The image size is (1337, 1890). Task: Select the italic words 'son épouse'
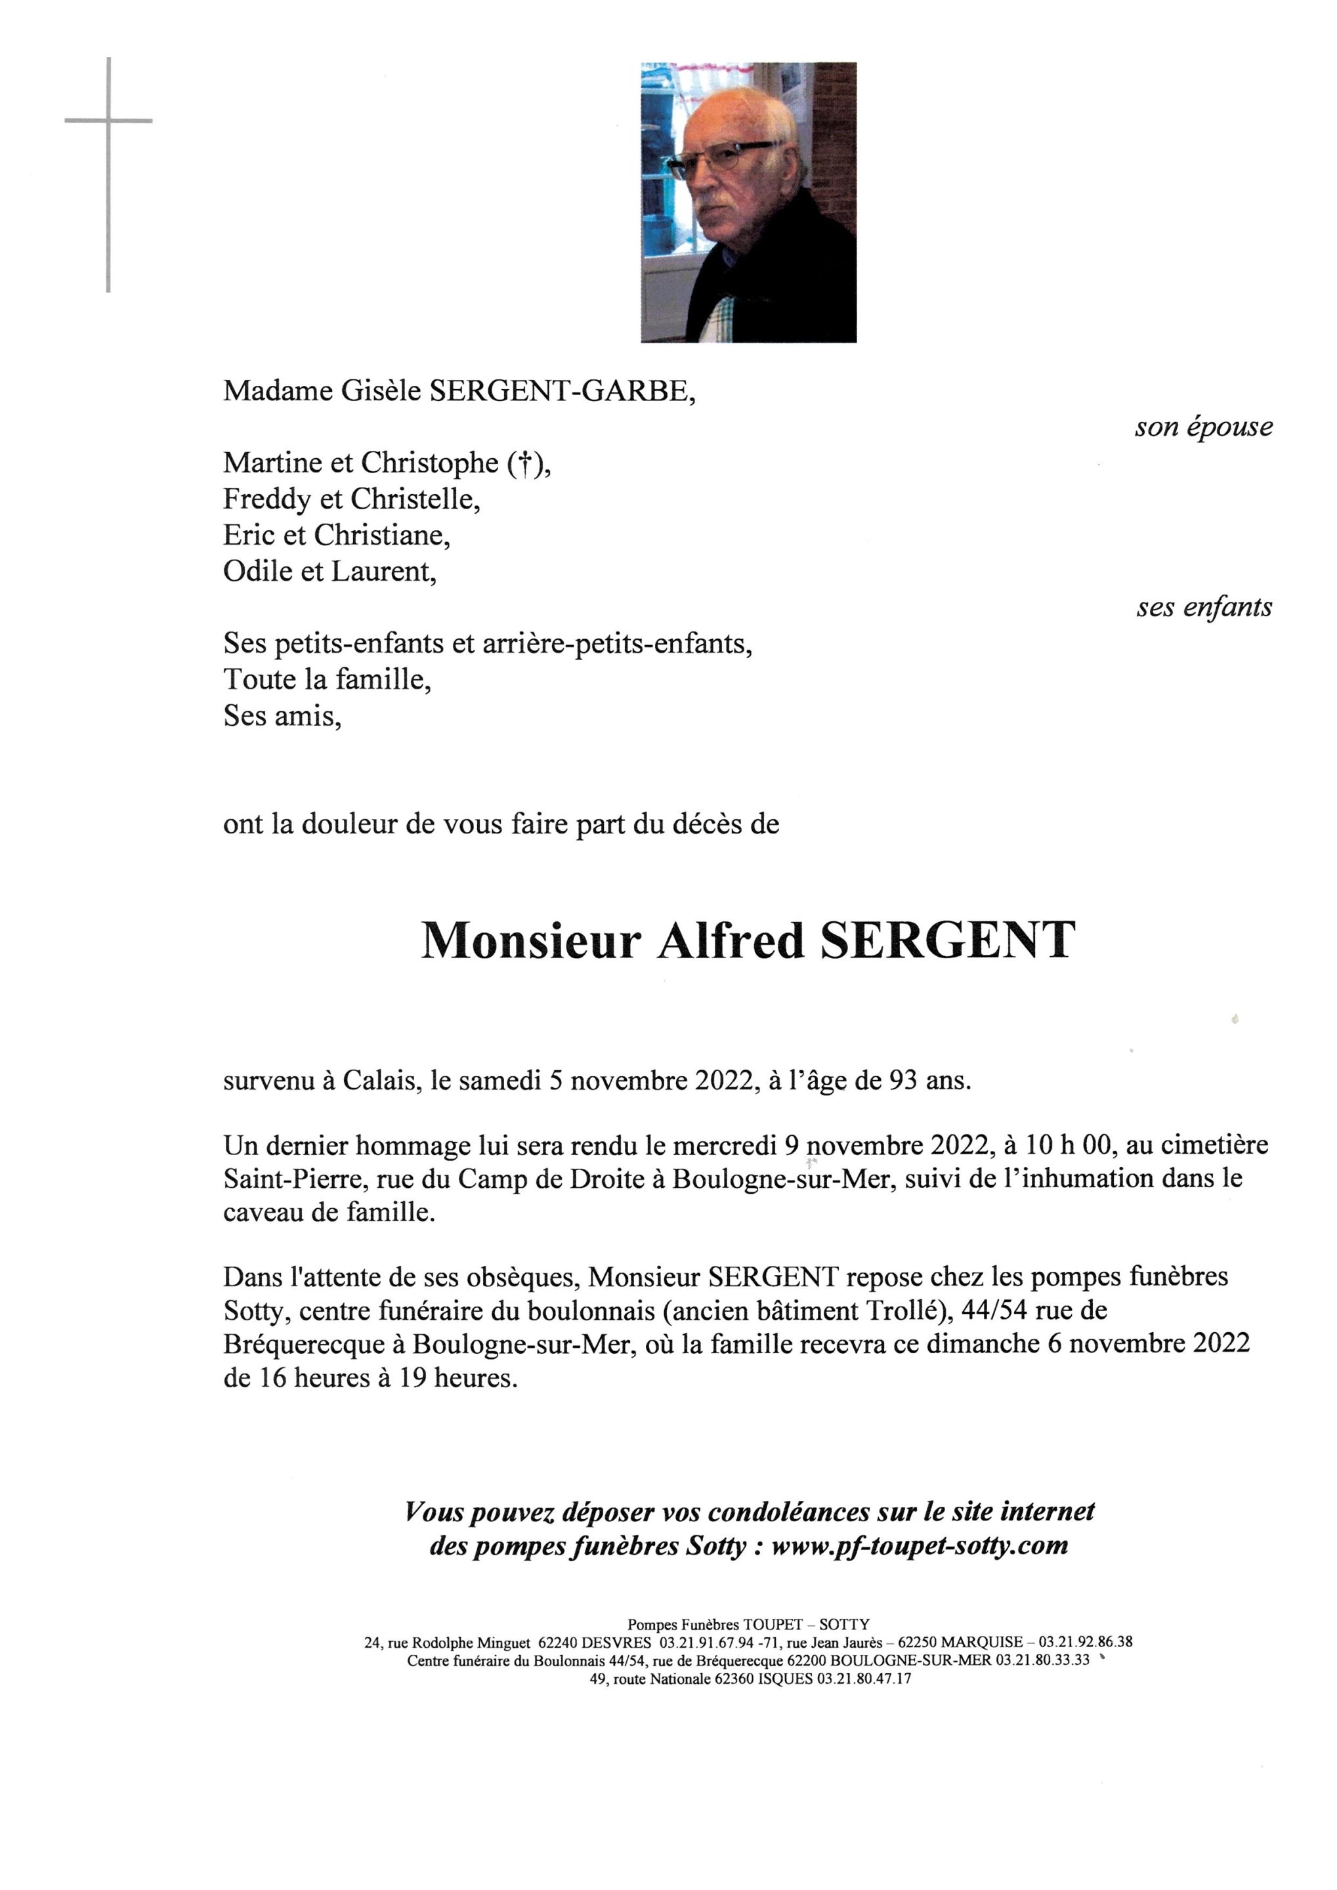pos(1203,427)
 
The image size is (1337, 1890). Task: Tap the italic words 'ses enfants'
pos(1204,608)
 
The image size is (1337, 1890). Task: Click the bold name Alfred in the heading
pos(731,941)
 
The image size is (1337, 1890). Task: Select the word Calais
pos(376,1080)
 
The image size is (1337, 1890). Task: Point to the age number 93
pos(902,1080)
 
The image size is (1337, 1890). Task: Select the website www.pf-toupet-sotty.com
pos(920,1545)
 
